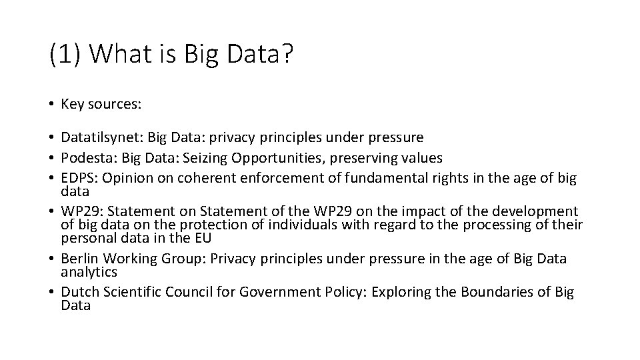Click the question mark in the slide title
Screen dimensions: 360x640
(285, 54)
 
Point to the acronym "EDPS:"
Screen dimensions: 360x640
(79, 177)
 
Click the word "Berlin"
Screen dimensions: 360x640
(79, 259)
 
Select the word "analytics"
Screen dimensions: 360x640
(89, 272)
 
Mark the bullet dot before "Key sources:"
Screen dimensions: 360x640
(51, 104)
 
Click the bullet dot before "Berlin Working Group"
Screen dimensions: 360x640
(51, 259)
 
